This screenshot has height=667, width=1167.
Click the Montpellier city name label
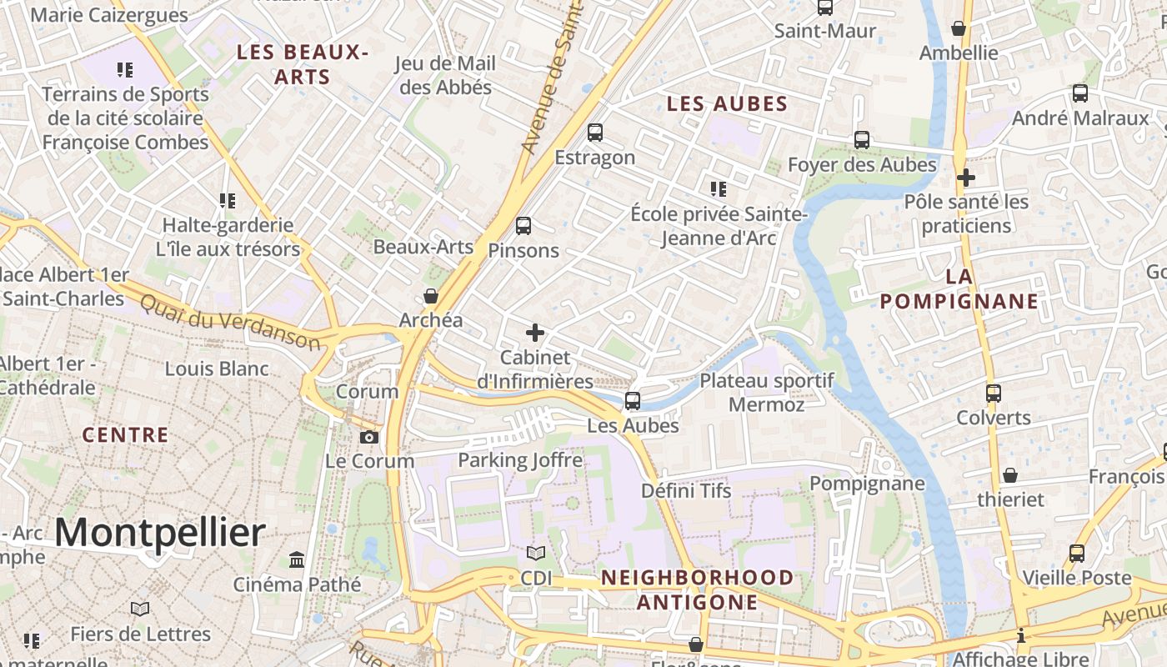click(160, 533)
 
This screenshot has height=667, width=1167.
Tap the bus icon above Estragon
click(595, 133)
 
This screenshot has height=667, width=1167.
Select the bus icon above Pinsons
click(523, 226)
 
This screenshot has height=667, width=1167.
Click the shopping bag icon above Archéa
click(431, 296)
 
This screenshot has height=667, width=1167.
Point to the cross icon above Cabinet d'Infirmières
click(535, 333)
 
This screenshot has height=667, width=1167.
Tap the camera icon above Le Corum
click(368, 437)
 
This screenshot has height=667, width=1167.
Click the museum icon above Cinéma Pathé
click(297, 559)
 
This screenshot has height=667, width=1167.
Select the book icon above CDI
click(536, 554)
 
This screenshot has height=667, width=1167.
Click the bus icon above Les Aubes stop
click(633, 401)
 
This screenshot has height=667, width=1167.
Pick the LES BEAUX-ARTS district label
click(302, 64)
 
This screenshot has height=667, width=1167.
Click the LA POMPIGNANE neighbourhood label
click(959, 289)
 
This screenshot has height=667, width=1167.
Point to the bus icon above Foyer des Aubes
click(862, 140)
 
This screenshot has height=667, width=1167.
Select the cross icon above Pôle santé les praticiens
click(966, 178)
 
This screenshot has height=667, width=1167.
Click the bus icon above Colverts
click(994, 394)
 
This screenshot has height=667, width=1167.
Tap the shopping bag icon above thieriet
click(1010, 475)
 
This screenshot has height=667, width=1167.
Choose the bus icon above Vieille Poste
click(1077, 554)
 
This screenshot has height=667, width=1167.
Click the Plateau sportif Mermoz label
click(767, 393)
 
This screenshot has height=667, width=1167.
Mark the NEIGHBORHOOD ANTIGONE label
click(698, 589)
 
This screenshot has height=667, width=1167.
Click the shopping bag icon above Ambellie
click(959, 29)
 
